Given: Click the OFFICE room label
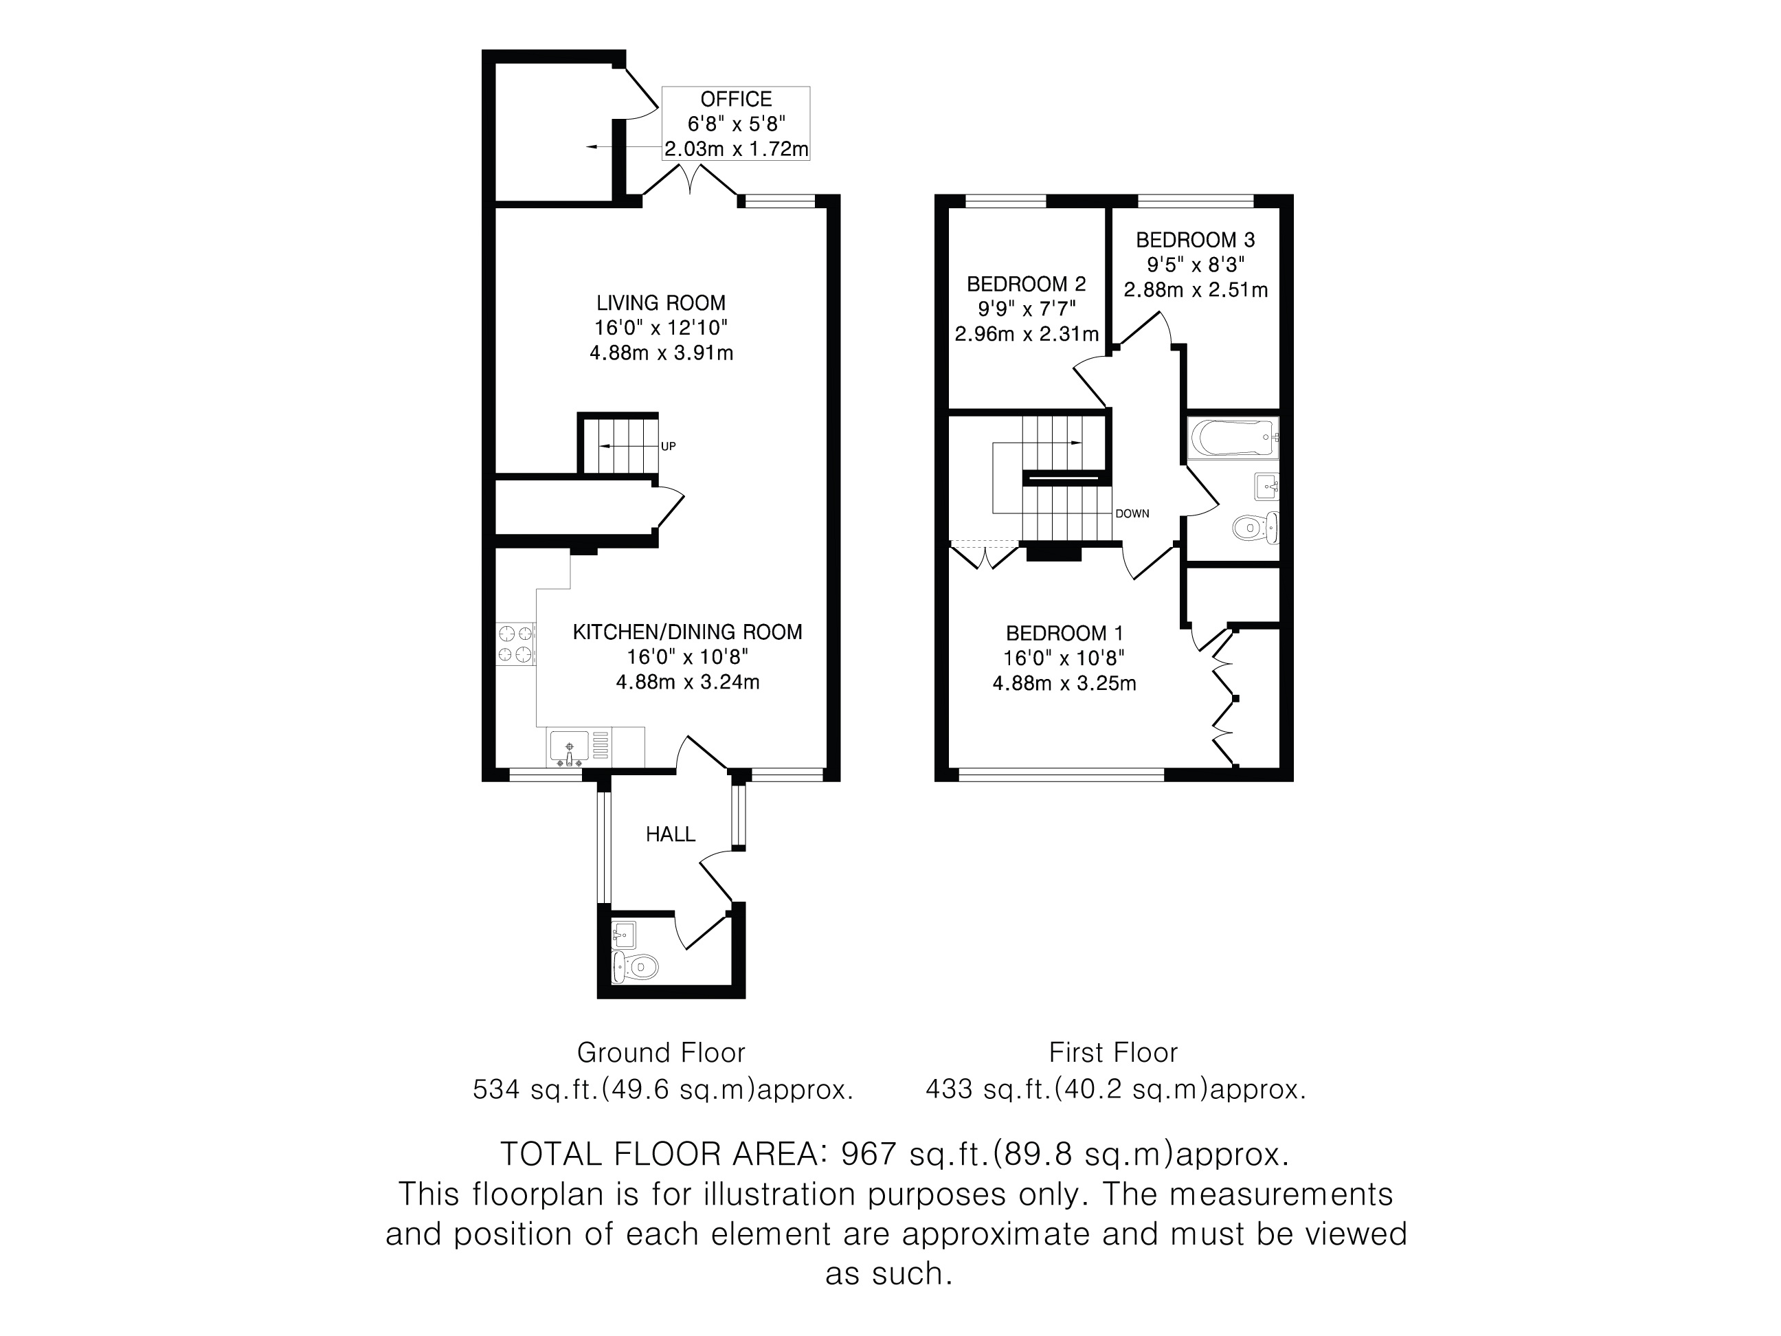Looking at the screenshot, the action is pyautogui.click(x=736, y=99).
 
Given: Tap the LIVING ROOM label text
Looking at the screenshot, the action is pyautogui.click(x=661, y=303).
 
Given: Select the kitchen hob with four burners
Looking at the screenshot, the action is pyautogui.click(x=515, y=644).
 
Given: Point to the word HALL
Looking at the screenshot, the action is pyautogui.click(x=671, y=834).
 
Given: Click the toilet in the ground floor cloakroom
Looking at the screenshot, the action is pyautogui.click(x=636, y=966).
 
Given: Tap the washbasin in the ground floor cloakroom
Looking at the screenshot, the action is pyautogui.click(x=623, y=935).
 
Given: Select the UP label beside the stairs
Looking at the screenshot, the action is pyautogui.click(x=669, y=446).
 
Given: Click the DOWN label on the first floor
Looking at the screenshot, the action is pyautogui.click(x=1132, y=514).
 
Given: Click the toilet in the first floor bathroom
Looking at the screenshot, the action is pyautogui.click(x=1255, y=528).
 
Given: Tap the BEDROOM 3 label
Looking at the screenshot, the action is pyautogui.click(x=1196, y=239).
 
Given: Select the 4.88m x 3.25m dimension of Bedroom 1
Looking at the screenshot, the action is pyautogui.click(x=1064, y=684).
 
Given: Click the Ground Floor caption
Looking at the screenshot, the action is pyautogui.click(x=661, y=1053).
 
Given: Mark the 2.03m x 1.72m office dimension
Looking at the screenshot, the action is pyautogui.click(x=736, y=149).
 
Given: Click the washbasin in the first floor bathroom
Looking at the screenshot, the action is pyautogui.click(x=1266, y=487).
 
